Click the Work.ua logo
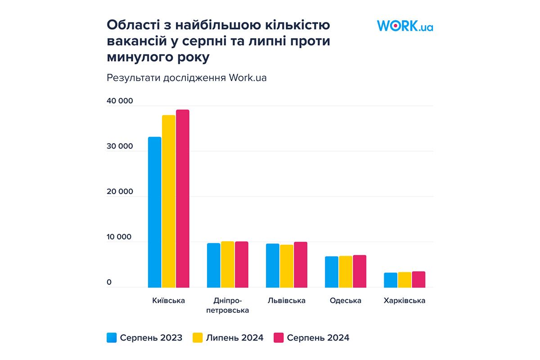tap(405, 26)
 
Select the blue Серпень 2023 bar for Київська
tap(154, 212)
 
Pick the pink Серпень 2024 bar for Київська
tap(183, 198)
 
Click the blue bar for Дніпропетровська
tap(213, 265)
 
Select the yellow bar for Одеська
tap(346, 272)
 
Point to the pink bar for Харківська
tap(418, 279)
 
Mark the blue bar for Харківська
tap(391, 280)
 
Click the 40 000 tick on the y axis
tap(120, 101)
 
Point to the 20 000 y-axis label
tap(120, 192)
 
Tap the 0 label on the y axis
tap(109, 283)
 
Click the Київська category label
tap(169, 301)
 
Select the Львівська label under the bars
tap(286, 301)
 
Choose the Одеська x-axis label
tap(345, 301)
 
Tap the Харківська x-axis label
tap(405, 301)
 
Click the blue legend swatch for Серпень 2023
tap(112, 337)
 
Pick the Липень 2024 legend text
tap(234, 337)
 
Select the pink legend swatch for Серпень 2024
tap(279, 337)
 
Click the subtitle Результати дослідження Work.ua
tap(187, 77)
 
